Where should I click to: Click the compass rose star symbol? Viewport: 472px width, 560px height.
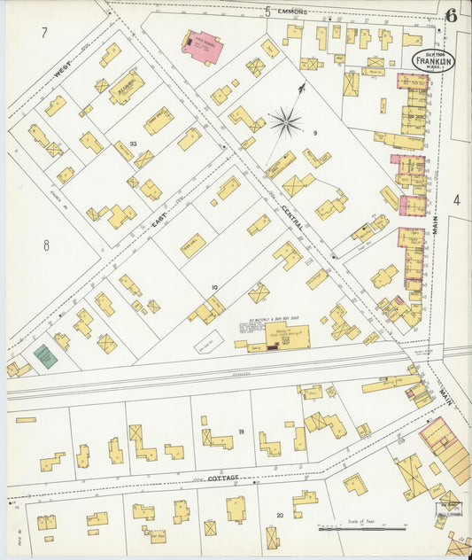coord(285,121)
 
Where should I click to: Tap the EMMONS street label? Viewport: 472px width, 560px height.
coord(292,12)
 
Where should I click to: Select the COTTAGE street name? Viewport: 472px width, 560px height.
coord(223,478)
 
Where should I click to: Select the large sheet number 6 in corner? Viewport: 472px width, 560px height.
coord(452,15)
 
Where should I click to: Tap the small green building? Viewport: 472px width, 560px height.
coord(45,356)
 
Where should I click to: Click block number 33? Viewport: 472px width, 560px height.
coord(133,144)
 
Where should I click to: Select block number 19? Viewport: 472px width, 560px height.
coord(240,432)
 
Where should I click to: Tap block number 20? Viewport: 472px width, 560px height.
coord(280,515)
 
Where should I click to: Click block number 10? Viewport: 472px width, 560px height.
coord(213,288)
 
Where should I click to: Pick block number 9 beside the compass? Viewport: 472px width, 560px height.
coord(314,133)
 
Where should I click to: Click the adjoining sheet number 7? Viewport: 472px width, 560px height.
coord(43,33)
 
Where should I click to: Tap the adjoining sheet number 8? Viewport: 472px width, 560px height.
coord(46,244)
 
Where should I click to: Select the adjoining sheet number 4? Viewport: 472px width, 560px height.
coord(457,200)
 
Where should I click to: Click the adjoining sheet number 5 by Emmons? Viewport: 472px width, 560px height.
coord(267,12)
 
